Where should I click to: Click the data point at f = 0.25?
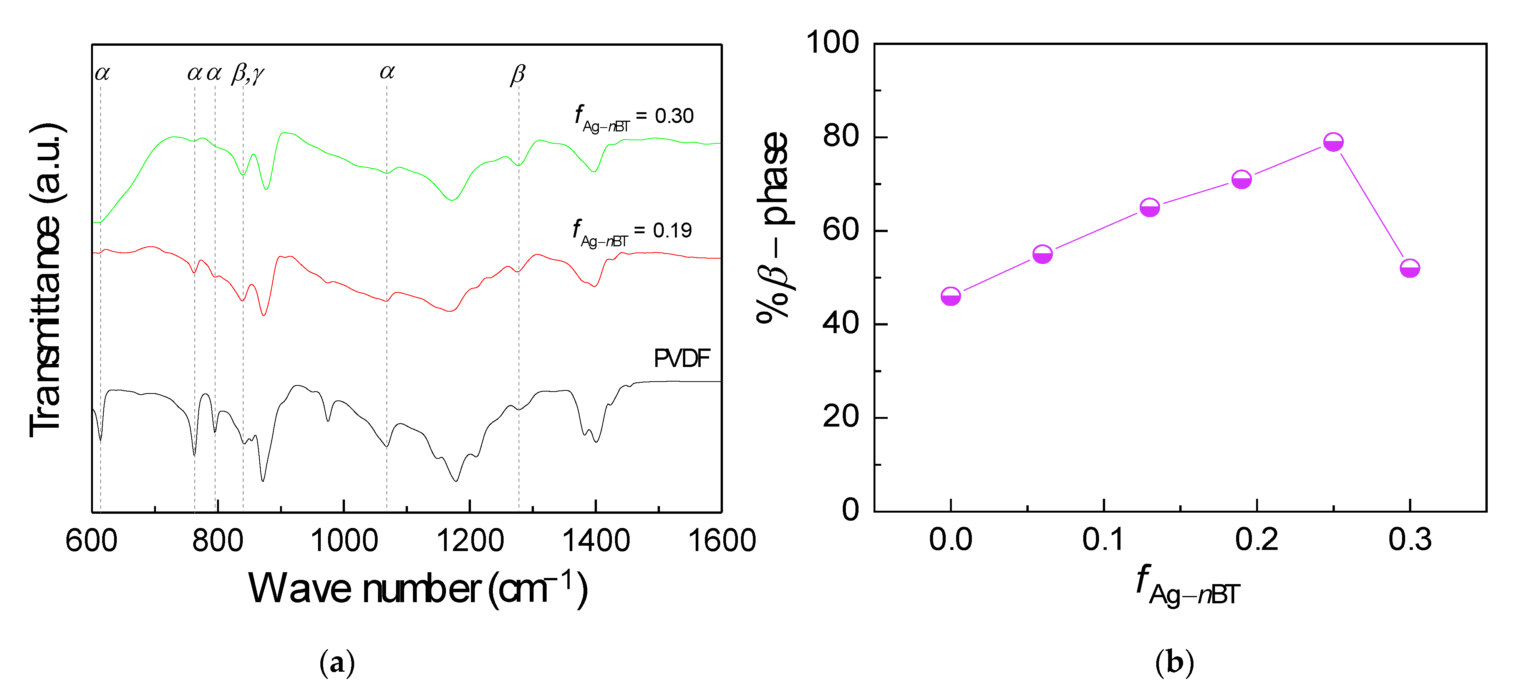click(x=1333, y=142)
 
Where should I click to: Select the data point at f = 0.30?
click(x=1410, y=269)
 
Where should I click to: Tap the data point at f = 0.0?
click(x=950, y=296)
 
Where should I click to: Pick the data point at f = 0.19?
click(x=1242, y=180)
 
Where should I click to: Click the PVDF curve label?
click(x=681, y=358)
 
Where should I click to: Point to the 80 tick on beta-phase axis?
click(x=841, y=136)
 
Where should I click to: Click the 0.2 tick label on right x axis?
click(x=1257, y=539)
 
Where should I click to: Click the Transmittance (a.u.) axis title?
click(x=46, y=280)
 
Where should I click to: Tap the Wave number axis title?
click(x=418, y=588)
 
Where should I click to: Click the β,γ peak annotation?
click(x=248, y=73)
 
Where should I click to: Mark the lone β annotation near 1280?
click(x=517, y=75)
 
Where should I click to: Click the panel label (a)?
click(x=337, y=663)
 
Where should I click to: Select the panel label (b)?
click(x=1174, y=663)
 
